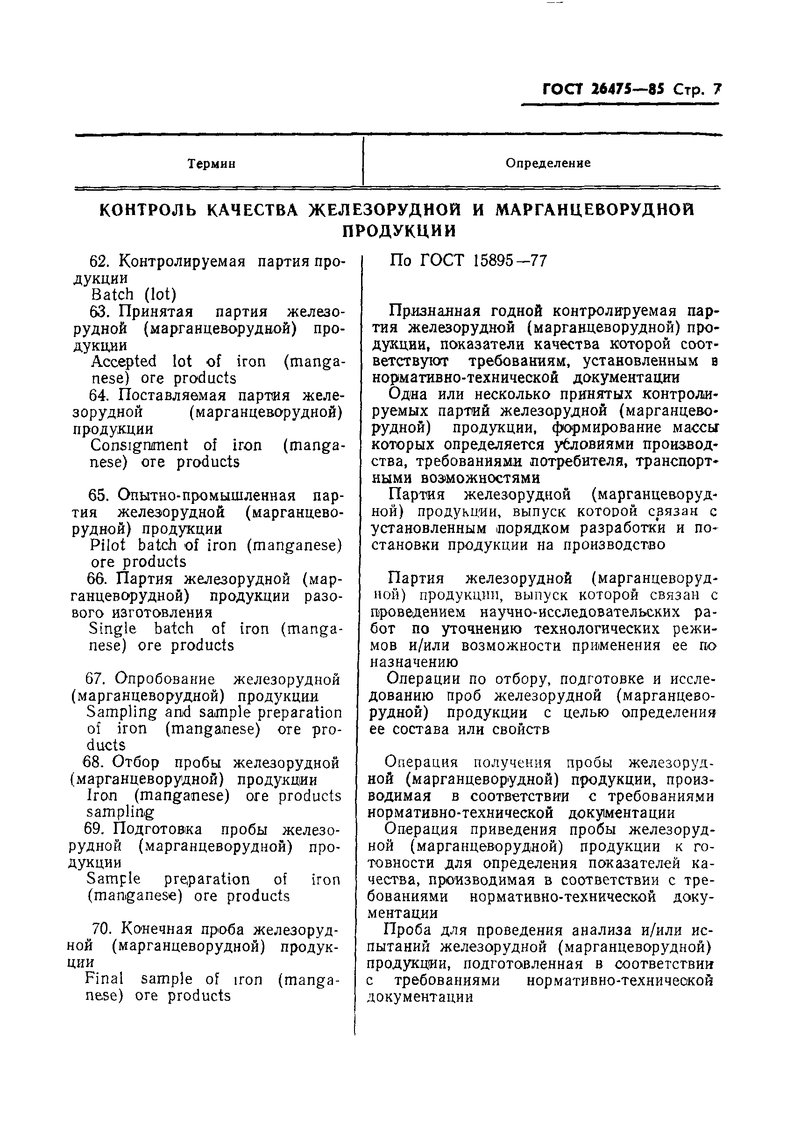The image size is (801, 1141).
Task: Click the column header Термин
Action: coord(212,164)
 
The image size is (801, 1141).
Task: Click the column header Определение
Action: coord(548,163)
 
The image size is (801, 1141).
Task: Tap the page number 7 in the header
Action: coord(716,89)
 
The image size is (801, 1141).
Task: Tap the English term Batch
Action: coord(112,294)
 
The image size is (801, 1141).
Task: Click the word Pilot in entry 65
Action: coord(108,545)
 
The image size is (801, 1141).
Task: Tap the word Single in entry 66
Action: coord(113,629)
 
